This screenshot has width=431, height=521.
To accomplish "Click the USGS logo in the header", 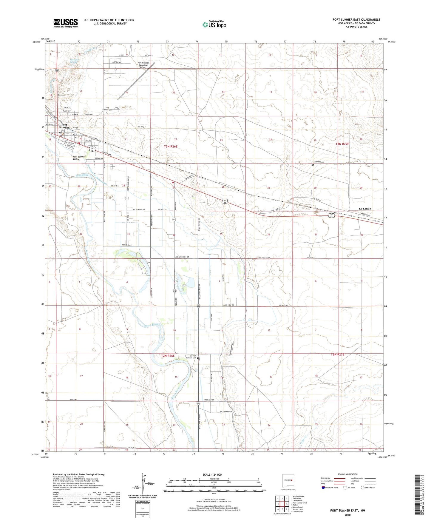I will [x=66, y=23].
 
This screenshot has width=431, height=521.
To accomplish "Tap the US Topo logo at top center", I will [x=214, y=24].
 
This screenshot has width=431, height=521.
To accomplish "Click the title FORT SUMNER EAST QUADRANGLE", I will [x=356, y=20].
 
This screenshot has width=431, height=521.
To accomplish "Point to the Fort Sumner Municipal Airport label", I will [x=143, y=65].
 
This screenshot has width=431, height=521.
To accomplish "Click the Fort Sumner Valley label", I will [x=79, y=158].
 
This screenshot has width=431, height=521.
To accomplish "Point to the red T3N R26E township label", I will [x=171, y=147].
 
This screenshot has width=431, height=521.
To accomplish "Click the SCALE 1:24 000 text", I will [x=212, y=475].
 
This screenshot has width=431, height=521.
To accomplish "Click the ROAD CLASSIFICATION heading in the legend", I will [x=348, y=474].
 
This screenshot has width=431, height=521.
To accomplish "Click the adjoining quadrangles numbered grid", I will [x=282, y=504].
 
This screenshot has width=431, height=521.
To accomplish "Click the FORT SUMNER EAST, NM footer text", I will [x=347, y=511].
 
